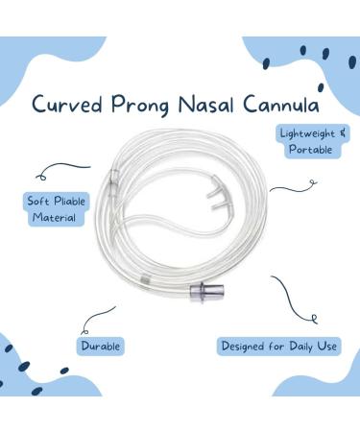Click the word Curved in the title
click(69, 104)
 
